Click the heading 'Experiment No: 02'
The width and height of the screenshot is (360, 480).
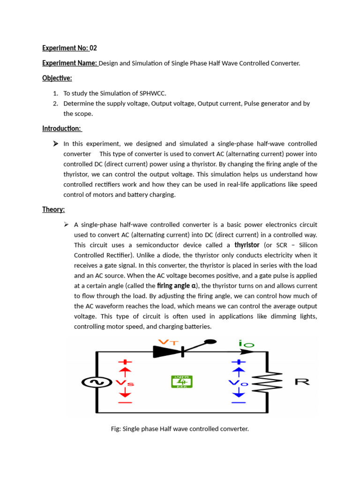click(69, 48)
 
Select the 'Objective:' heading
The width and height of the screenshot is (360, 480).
click(57, 78)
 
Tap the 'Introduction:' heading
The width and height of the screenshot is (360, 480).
click(62, 128)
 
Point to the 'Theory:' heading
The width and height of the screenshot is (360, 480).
click(53, 210)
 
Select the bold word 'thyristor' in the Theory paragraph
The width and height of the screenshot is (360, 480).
click(247, 245)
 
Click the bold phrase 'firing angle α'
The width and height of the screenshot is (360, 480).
click(177, 285)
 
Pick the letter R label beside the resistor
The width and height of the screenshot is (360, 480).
click(302, 382)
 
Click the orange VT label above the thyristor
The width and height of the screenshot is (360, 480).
click(170, 342)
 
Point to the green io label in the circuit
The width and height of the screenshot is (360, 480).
click(246, 344)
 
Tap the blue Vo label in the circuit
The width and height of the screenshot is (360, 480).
click(238, 383)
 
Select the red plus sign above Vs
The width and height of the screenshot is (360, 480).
click(125, 362)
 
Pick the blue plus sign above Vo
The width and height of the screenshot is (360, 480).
click(239, 362)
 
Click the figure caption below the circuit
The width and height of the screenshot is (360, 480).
click(180, 428)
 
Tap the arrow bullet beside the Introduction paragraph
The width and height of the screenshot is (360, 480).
click(56, 144)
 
